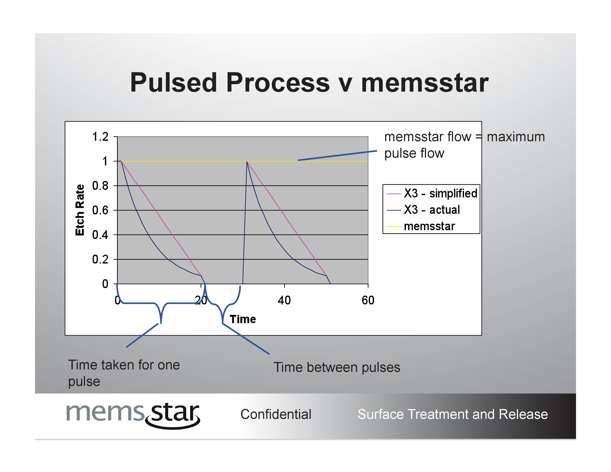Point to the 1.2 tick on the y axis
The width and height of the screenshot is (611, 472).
pos(100,137)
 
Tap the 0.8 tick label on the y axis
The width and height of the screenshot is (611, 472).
pos(100,186)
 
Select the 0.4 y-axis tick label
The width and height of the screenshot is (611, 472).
pos(100,235)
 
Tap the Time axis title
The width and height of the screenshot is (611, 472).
pos(243,319)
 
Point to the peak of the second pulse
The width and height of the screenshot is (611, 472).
pos(247,162)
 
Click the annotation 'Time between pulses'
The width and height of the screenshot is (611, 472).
pos(337,367)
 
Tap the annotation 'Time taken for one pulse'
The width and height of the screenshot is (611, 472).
pos(124,373)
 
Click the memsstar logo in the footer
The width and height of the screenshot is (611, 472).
pos(133,414)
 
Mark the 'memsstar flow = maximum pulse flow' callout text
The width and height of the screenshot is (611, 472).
pos(464,145)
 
